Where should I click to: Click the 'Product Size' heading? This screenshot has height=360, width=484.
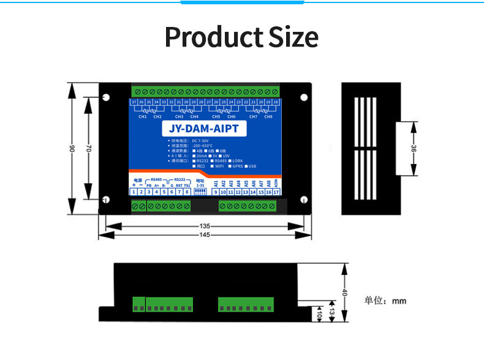[x=241, y=37]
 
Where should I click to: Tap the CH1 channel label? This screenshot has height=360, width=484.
[x=143, y=116]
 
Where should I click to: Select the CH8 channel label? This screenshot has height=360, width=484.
[x=268, y=116]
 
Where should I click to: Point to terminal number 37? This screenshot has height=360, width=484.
[x=134, y=102]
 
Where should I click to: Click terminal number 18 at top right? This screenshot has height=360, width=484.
[x=276, y=102]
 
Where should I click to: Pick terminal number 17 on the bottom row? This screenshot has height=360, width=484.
[x=276, y=192]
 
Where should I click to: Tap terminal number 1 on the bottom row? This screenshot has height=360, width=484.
[x=134, y=192]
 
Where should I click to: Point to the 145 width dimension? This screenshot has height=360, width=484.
[x=205, y=235]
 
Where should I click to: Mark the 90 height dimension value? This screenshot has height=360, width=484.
[x=72, y=149]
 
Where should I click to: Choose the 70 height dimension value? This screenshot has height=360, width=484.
[x=88, y=149]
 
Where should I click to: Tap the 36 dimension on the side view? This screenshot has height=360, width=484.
[x=415, y=149]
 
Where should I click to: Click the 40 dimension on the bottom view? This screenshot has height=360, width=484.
[x=344, y=293]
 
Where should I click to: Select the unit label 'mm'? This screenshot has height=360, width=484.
[x=399, y=301]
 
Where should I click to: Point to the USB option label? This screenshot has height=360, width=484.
[x=252, y=166]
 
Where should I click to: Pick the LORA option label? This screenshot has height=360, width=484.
[x=238, y=161]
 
